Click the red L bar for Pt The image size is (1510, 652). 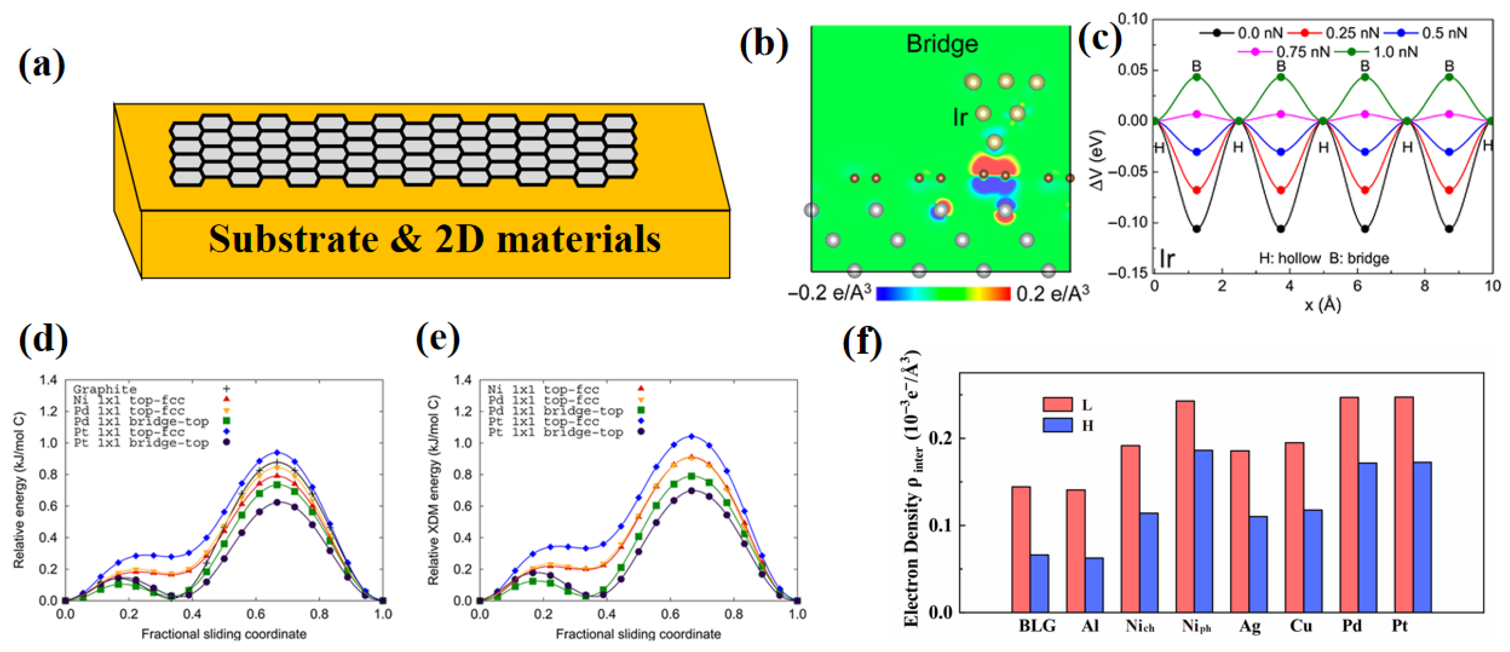pyautogui.click(x=1404, y=504)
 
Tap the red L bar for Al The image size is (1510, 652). pyautogui.click(x=1076, y=550)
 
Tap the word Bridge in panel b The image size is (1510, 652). pyautogui.click(x=942, y=44)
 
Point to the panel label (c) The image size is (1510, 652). pyautogui.click(x=1100, y=38)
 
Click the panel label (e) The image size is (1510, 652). pyautogui.click(x=437, y=339)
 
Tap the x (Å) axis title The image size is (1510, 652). pyautogui.click(x=1322, y=305)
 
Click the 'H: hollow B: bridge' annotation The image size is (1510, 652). pyautogui.click(x=1324, y=258)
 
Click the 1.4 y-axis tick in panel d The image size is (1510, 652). pyautogui.click(x=48, y=380)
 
